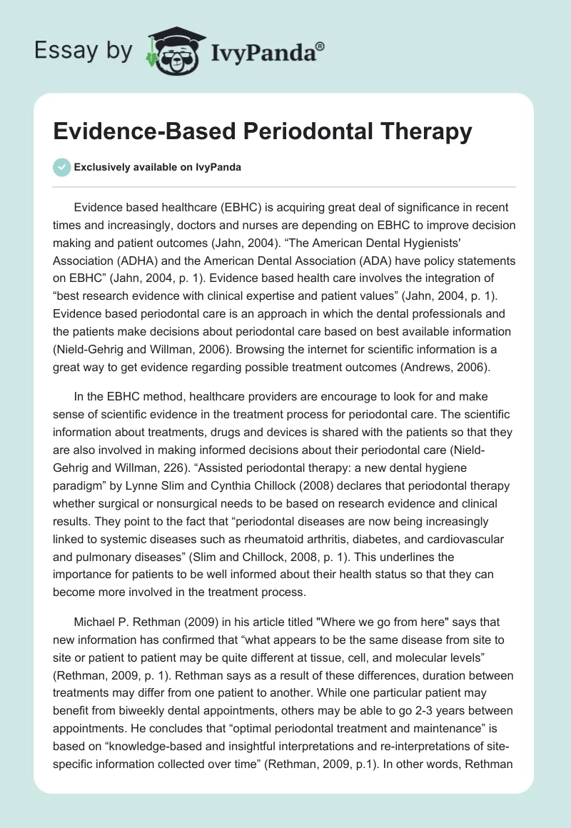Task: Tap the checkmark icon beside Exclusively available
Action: click(61, 167)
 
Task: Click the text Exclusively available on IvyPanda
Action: click(158, 167)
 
